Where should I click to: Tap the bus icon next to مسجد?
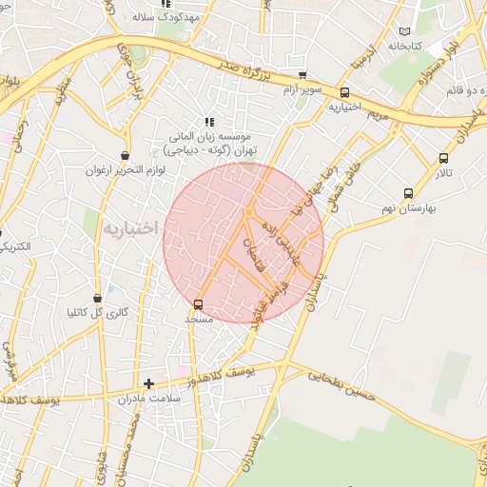pyautogui.click(x=198, y=304)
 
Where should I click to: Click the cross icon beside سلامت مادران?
pyautogui.click(x=148, y=384)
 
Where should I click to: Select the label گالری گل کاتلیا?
pyautogui.click(x=96, y=312)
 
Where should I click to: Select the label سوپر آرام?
pyautogui.click(x=303, y=89)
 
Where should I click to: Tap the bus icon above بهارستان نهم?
pyautogui.click(x=408, y=193)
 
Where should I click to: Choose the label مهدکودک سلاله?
pyautogui.click(x=166, y=17)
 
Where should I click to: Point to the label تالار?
pyautogui.click(x=445, y=173)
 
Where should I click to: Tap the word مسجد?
pyautogui.click(x=199, y=321)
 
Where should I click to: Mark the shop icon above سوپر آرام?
pyautogui.click(x=302, y=75)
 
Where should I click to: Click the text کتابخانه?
pyautogui.click(x=403, y=45)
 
